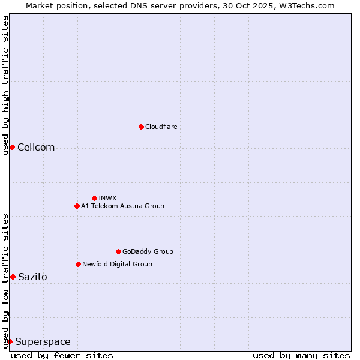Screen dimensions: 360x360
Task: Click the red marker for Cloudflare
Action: coord(141,127)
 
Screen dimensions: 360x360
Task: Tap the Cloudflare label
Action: coord(161,127)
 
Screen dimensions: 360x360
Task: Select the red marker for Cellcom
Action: coord(12,148)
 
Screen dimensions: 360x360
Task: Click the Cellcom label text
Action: coord(36,148)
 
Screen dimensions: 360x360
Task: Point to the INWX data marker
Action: coord(94,198)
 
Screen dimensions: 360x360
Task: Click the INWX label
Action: coord(107,198)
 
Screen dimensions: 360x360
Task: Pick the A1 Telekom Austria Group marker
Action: coord(77,206)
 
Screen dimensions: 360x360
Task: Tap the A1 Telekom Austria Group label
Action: coord(122,206)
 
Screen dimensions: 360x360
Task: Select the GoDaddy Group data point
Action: coord(118,251)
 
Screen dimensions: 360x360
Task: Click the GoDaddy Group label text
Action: coord(148,251)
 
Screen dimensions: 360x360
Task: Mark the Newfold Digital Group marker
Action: coord(78,264)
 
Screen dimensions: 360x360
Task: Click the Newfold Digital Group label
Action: coord(117,264)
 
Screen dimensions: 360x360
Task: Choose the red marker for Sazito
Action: coord(13,277)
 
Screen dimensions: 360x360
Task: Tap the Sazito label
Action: coord(32,277)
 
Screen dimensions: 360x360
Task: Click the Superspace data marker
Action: coord(10,341)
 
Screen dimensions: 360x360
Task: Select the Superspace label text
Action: coord(43,342)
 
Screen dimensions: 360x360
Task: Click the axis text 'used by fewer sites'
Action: coord(62,355)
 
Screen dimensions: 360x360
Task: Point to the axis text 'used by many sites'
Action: coord(301,355)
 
